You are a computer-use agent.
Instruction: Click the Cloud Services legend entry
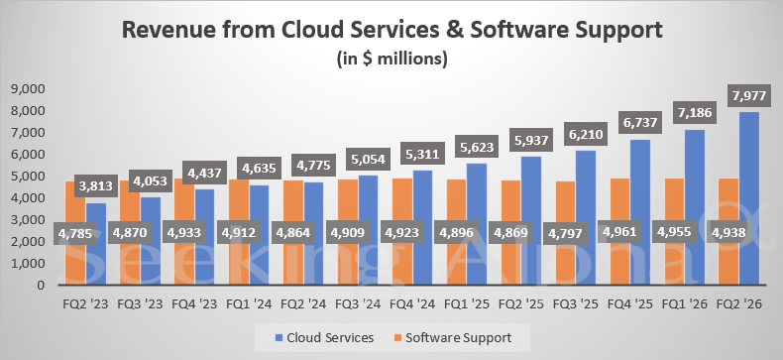[x=327, y=337]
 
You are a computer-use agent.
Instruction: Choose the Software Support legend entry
[x=458, y=337]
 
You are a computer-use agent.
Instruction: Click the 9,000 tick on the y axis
[x=27, y=89]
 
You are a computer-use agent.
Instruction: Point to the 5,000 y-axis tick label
[x=27, y=177]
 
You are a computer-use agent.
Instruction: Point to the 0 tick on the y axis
[x=41, y=286]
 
